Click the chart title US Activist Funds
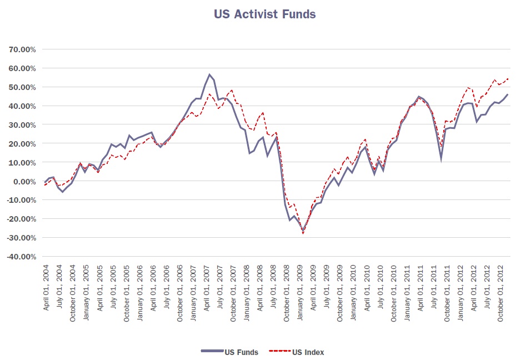pos(265,14)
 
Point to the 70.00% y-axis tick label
pos(22,49)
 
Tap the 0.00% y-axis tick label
pos(24,181)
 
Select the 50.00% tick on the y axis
pos(22,87)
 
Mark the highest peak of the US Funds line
pos(209,74)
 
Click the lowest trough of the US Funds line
pos(303,231)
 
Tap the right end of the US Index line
pos(508,79)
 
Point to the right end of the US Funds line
pos(507,94)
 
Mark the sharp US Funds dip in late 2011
pos(441,159)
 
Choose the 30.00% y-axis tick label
pos(22,125)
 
